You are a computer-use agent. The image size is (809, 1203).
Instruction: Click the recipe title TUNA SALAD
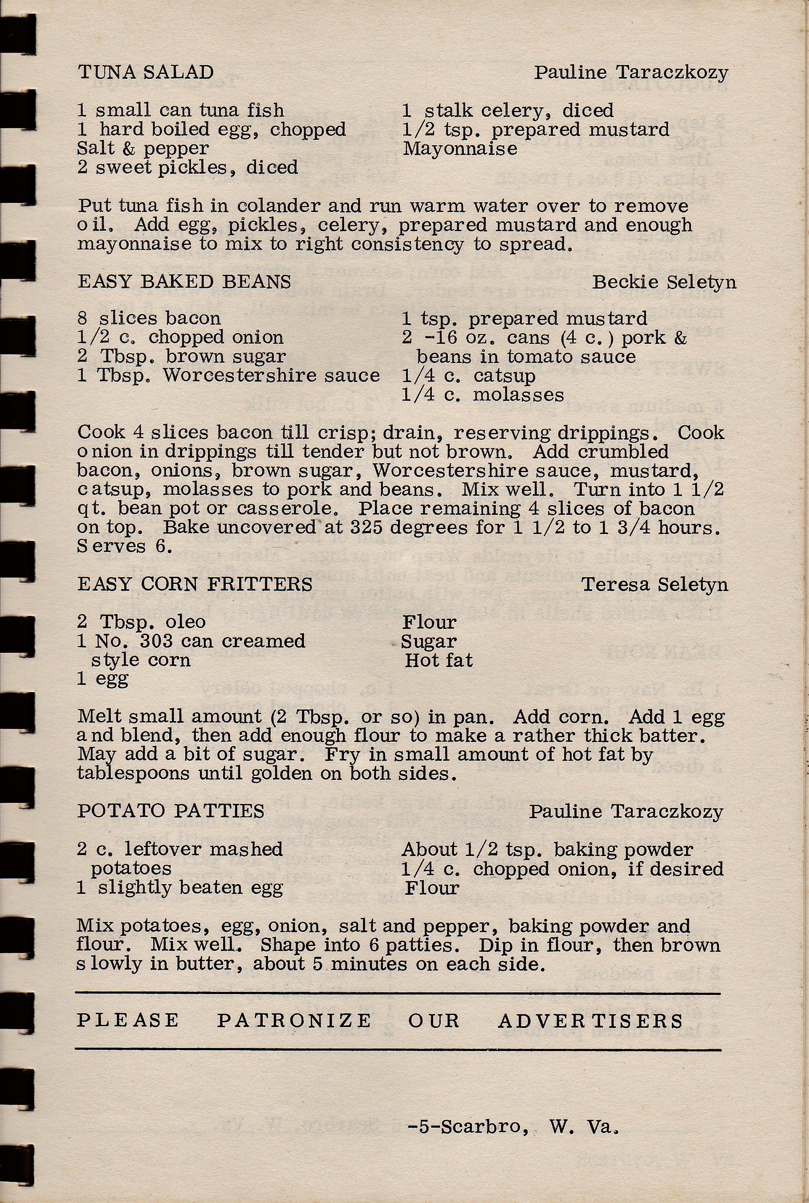coord(146,72)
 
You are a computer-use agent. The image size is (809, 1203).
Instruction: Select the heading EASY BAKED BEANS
coord(184,282)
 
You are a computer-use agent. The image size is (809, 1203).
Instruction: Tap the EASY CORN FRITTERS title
coord(195,584)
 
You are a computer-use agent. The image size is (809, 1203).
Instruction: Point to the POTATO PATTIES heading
coord(171,811)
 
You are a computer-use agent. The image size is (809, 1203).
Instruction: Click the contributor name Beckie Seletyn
coord(663,282)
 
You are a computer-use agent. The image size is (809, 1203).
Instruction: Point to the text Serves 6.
coord(124,546)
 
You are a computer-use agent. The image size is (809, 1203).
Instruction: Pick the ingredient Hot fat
coord(439,660)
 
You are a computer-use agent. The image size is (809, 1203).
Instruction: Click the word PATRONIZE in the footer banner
coord(293,1020)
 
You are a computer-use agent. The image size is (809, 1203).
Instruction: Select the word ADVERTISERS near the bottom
coord(590,1021)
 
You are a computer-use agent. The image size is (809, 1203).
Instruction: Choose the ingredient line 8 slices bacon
coord(149,318)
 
